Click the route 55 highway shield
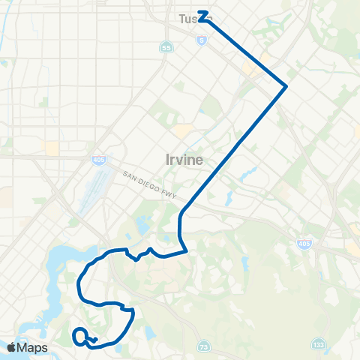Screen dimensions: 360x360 166,47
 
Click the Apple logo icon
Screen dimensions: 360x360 11,347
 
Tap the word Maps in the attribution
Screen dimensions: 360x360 32,347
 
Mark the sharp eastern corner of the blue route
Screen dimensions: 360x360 286,86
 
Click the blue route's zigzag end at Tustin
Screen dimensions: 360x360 202,16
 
